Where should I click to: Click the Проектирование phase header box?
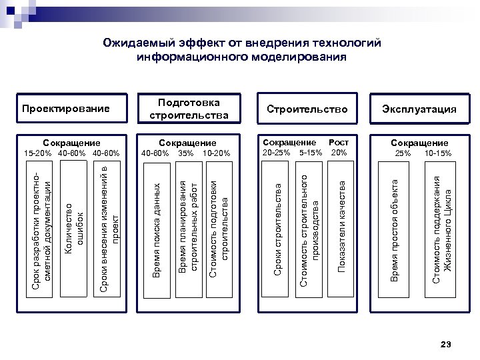pos(65,109)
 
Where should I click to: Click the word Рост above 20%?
pos(339,143)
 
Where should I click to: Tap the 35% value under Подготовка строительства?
pos(186,153)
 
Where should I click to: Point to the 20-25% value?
pos(276,152)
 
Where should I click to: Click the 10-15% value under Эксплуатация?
pos(438,153)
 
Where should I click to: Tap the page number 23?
pos(446,343)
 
